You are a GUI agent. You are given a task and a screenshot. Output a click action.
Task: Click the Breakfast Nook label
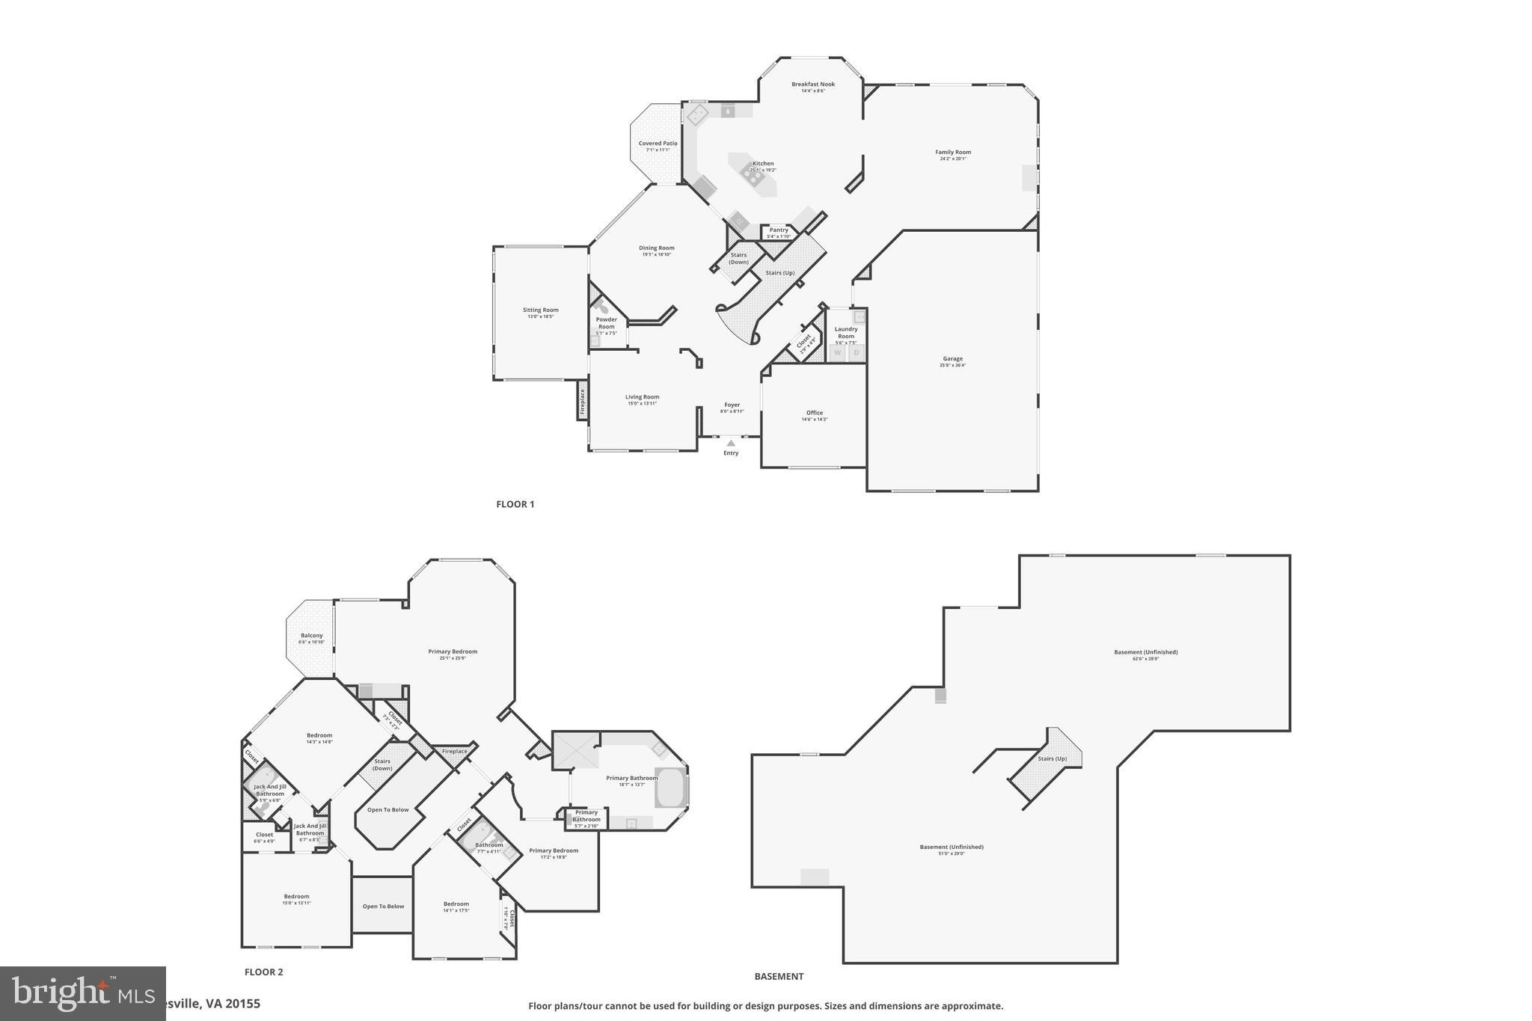click(813, 85)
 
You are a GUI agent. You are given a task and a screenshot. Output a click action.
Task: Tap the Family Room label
click(953, 153)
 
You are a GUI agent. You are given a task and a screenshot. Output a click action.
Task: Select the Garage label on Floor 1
click(952, 359)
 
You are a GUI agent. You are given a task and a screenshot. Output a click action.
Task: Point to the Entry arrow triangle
click(731, 443)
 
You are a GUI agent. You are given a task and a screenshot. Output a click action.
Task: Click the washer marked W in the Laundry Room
click(837, 352)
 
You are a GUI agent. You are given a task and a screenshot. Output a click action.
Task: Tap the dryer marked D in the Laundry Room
click(857, 352)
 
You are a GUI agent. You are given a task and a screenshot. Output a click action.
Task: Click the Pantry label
click(779, 230)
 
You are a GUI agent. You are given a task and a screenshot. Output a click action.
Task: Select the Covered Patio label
click(658, 144)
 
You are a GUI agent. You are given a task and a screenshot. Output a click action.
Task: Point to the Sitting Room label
click(540, 310)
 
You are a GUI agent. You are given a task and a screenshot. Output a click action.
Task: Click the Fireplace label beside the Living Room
click(582, 402)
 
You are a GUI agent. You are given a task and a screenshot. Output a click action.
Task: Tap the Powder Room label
click(606, 323)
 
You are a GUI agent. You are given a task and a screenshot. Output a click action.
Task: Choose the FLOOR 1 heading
click(515, 504)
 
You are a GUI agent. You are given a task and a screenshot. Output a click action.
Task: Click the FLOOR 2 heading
click(264, 972)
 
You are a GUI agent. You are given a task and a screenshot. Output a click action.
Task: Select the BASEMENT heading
click(779, 976)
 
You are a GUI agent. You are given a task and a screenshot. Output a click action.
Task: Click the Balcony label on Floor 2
click(311, 636)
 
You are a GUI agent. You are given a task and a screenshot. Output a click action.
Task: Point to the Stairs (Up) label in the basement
click(1052, 758)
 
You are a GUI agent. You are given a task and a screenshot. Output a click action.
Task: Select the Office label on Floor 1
click(815, 413)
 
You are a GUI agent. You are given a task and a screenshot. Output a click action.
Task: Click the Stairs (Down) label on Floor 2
click(382, 764)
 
